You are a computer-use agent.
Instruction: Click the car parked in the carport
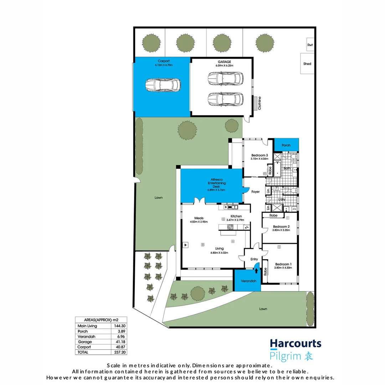(x=163, y=85)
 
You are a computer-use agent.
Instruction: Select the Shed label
(x=307, y=64)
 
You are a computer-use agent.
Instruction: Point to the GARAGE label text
(x=224, y=61)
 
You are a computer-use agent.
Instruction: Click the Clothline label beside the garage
(x=260, y=103)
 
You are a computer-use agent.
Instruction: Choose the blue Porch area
(x=286, y=145)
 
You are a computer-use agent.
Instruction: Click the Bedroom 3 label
(x=259, y=155)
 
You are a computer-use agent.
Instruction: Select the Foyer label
(x=256, y=192)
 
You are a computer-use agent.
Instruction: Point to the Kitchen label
(x=236, y=216)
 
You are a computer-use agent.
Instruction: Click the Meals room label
(x=199, y=218)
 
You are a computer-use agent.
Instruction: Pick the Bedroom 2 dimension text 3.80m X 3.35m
(x=281, y=230)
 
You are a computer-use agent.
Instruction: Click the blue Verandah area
(x=248, y=281)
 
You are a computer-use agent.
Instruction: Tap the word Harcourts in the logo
(x=296, y=344)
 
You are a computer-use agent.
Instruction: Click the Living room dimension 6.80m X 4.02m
(x=219, y=253)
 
